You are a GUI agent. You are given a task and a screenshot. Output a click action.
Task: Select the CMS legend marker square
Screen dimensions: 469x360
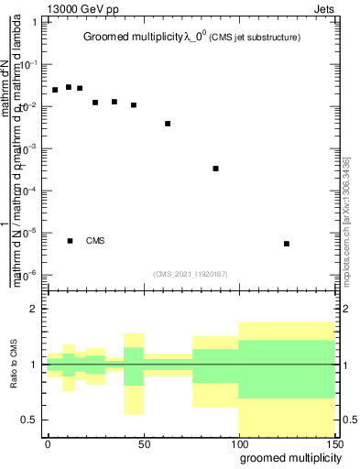71,241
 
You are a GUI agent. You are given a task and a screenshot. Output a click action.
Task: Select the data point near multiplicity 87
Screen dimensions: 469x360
215,169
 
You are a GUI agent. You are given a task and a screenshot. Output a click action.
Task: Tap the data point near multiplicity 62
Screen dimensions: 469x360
168,124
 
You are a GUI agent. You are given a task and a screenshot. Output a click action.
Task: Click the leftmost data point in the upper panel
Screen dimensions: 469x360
55,90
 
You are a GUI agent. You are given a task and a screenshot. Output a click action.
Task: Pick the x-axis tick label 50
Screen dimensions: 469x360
143,443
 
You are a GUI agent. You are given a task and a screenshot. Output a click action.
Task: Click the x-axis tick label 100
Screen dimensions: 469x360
238,443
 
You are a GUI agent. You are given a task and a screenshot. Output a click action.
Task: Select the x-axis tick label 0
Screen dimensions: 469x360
48,443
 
